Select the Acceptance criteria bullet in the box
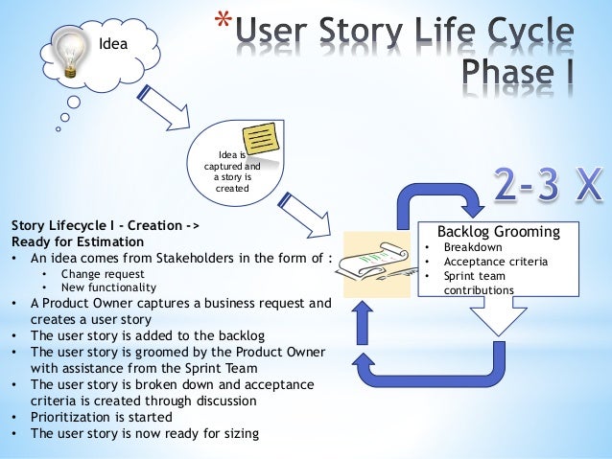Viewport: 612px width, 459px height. click(x=488, y=262)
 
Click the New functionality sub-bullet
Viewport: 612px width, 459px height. click(x=111, y=287)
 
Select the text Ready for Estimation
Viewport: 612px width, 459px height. click(x=77, y=241)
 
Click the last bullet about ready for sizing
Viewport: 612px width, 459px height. click(x=144, y=433)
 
